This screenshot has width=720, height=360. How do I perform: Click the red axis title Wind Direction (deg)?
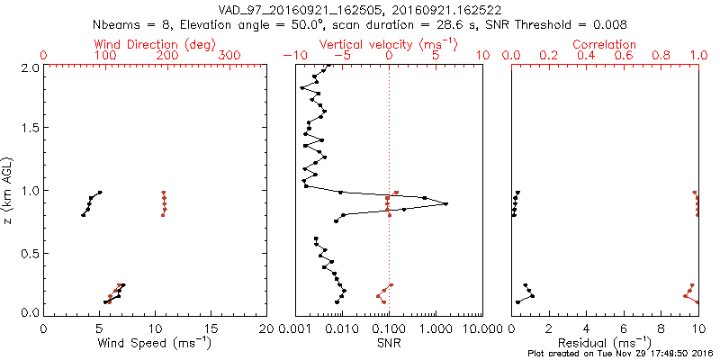(148, 44)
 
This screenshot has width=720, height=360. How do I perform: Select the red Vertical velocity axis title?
(389, 44)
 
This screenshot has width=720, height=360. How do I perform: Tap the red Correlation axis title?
(605, 44)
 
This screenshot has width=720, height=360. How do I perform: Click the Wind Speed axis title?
(156, 343)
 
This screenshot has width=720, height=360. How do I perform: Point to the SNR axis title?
(389, 343)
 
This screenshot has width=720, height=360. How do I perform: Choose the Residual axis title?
(605, 343)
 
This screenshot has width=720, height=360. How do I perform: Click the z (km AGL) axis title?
(10, 190)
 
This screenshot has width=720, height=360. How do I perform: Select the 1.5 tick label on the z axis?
(29, 129)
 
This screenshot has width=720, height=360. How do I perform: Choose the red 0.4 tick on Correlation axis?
(587, 56)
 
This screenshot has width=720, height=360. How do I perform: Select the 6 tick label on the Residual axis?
(625, 328)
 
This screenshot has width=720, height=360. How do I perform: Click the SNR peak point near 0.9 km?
(446, 204)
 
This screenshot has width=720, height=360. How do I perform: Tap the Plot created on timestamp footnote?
(621, 354)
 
